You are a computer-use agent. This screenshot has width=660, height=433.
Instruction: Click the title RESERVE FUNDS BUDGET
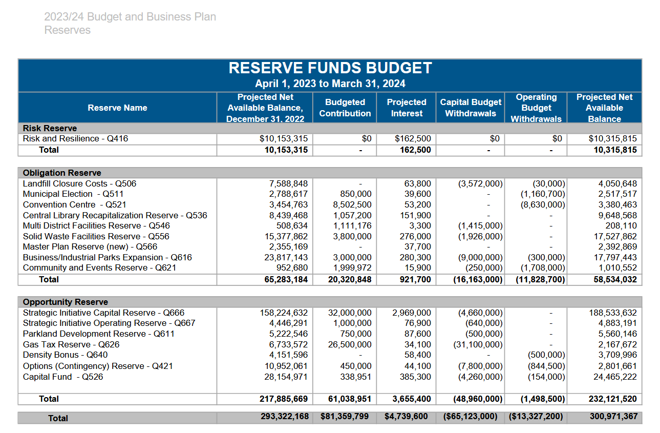[330, 68]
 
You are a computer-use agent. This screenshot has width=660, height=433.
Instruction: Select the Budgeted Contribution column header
[345, 108]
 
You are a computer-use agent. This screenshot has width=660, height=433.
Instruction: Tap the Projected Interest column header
[407, 108]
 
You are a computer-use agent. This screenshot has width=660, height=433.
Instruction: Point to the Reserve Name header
[117, 108]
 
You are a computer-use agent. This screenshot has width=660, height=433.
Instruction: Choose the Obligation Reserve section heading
[62, 173]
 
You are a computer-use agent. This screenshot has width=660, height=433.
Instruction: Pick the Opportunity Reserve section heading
[65, 302]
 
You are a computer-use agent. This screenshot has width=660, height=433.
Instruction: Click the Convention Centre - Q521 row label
[74, 204]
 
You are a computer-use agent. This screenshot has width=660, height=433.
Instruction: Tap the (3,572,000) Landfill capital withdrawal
[480, 183]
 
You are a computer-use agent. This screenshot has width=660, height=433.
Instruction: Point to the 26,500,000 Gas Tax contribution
[350, 344]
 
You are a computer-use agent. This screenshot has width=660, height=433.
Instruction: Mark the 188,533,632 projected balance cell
[613, 313]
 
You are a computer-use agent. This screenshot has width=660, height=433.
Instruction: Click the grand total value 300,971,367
[613, 417]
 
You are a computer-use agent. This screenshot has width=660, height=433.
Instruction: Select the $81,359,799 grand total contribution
[345, 417]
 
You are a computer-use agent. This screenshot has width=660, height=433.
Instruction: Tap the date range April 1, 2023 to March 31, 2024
[330, 84]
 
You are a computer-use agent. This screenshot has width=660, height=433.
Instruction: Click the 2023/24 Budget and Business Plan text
[130, 17]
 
